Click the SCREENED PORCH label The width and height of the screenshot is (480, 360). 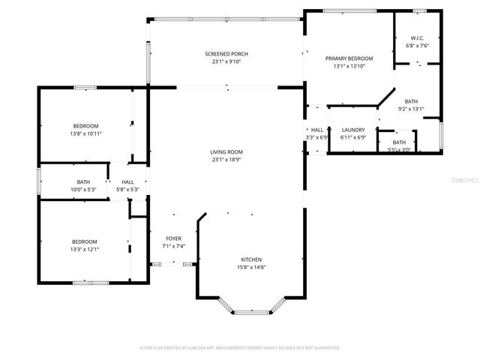[x=226, y=54]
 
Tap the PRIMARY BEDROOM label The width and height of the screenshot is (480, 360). [x=349, y=58]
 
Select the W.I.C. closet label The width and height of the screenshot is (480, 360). [x=418, y=38]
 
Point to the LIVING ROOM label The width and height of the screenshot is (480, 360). [x=226, y=152]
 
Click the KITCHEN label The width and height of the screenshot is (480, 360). [x=251, y=257]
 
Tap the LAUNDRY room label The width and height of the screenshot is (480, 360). [x=352, y=130]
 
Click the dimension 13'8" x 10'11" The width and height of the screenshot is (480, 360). [x=85, y=133]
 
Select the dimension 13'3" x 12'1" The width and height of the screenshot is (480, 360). [x=85, y=249]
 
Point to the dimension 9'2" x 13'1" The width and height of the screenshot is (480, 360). [x=411, y=109]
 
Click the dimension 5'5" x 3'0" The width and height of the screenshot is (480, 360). [x=399, y=150]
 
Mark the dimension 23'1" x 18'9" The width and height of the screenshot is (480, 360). [x=226, y=160]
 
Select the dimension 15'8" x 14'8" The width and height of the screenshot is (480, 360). [x=251, y=267]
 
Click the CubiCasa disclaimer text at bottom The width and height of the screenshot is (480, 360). [x=240, y=348]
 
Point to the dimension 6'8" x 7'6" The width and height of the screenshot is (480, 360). [x=418, y=46]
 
